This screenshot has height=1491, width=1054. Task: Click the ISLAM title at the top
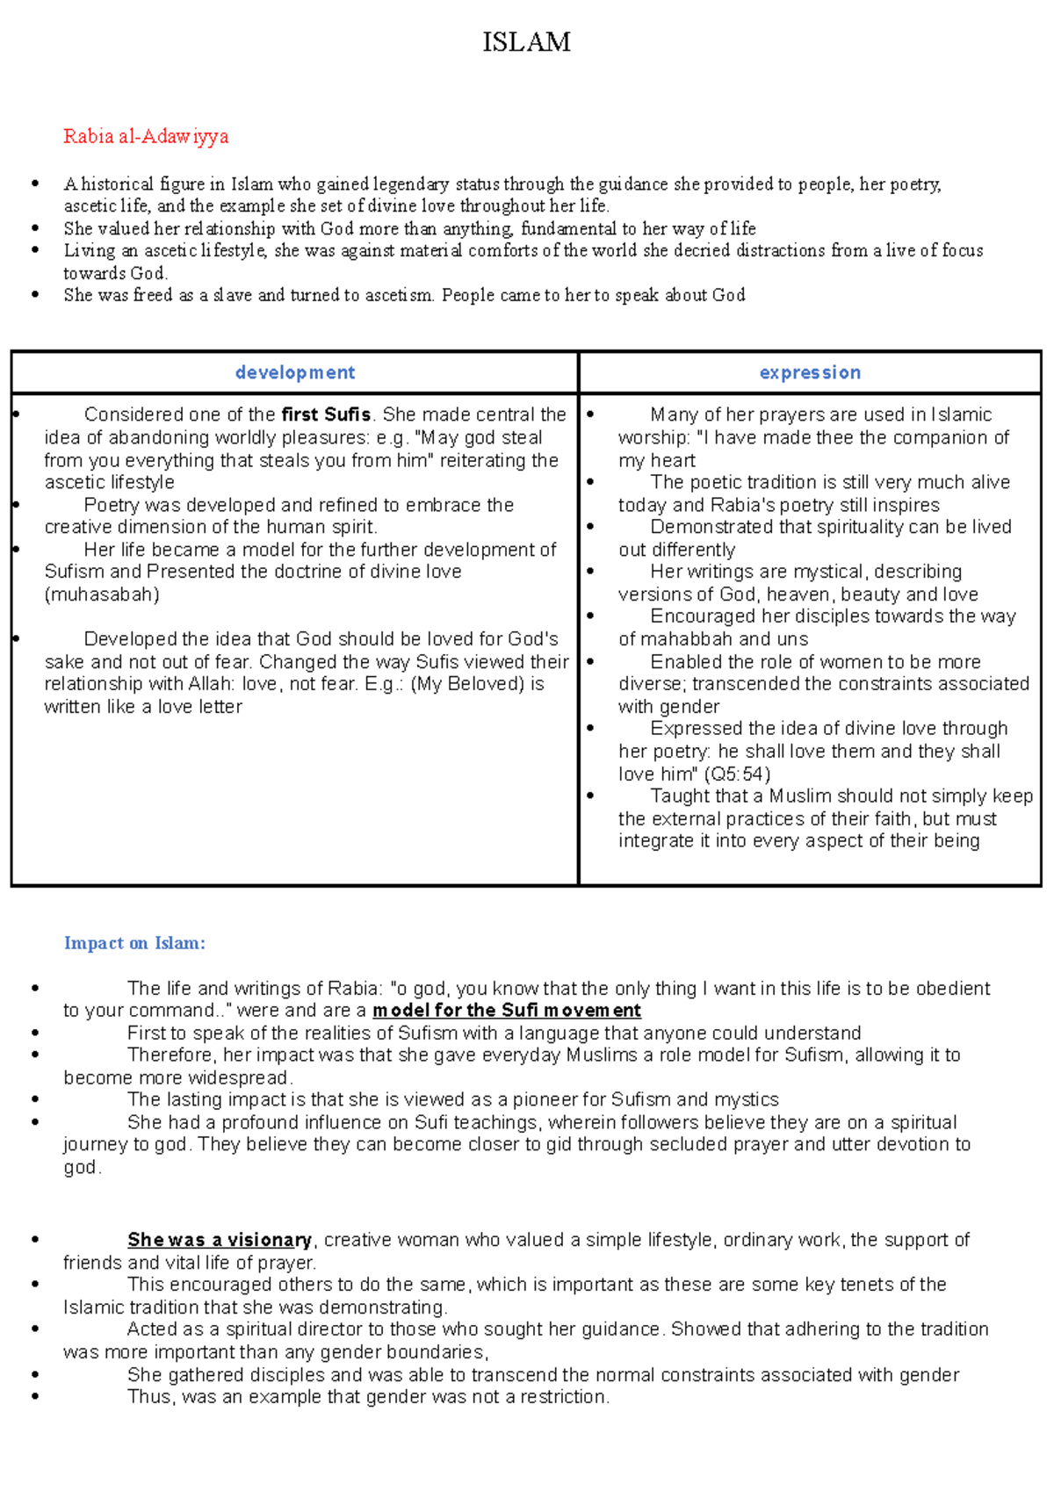pos(526,42)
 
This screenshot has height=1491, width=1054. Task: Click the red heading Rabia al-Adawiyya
pos(146,136)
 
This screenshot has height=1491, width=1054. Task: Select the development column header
pos(295,372)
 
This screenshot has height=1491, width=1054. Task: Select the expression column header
pos(810,372)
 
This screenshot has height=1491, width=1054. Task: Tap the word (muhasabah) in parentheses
pos(102,594)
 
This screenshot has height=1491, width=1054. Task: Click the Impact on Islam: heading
pos(134,943)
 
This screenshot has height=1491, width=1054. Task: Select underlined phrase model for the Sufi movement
pos(507,1011)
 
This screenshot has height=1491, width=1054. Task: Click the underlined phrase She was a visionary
pos(220,1240)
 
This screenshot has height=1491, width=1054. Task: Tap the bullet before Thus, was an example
pos(35,1396)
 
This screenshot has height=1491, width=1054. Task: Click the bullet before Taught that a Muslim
pos(590,796)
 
